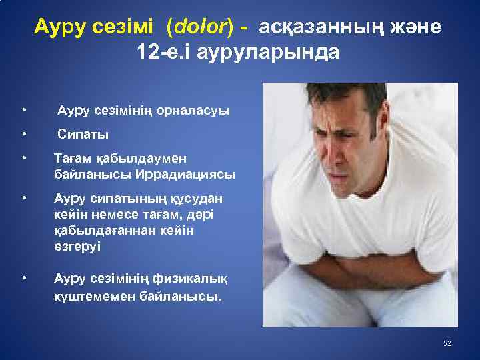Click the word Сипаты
click(83, 135)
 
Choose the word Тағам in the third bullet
click(71, 159)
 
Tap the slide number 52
click(447, 343)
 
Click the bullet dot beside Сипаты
click(23, 135)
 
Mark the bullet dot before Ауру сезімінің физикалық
click(23, 278)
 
